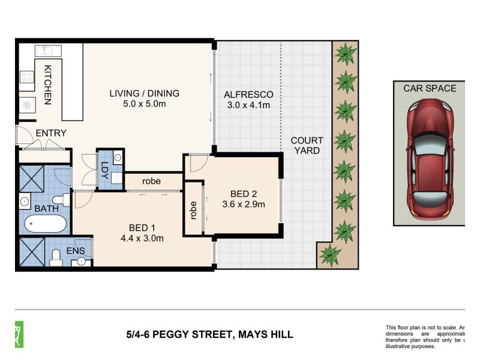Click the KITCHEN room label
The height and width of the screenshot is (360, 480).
coord(47,85)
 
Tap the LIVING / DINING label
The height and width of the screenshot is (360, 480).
coord(144,93)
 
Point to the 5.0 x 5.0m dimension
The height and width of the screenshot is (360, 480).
coord(144,106)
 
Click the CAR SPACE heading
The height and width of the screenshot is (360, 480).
coord(429,88)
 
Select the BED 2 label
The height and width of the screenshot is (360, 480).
coord(244,193)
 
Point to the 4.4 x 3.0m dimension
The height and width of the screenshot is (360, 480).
coord(142,239)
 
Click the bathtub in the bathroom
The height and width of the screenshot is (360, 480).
coord(45,224)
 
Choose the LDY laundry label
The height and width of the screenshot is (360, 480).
coord(104,169)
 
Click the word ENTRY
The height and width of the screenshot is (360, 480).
coord(51,133)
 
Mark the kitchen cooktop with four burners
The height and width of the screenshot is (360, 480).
coord(27,77)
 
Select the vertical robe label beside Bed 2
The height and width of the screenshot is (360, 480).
coord(193,209)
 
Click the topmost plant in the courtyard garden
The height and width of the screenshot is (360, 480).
coord(345,55)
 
